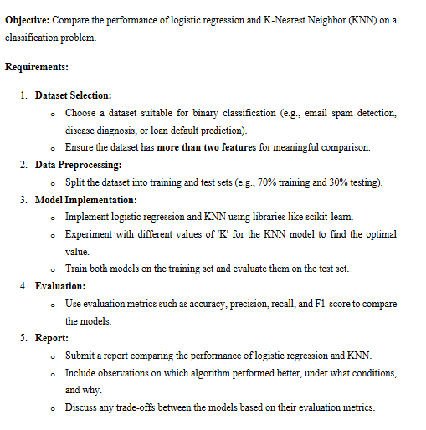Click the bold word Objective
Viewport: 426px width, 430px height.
point(29,20)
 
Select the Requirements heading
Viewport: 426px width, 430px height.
point(38,65)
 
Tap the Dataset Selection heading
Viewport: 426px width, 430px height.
point(74,95)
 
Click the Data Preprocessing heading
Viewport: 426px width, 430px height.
point(78,165)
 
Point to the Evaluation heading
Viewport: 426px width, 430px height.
point(59,286)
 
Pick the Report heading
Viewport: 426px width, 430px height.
point(52,338)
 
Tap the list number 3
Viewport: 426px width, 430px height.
point(23,200)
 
